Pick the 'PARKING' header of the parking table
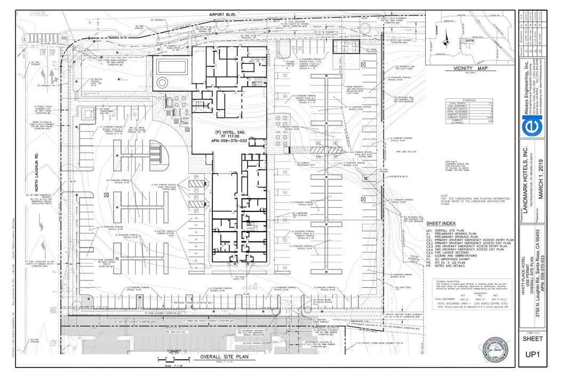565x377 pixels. click(469, 100)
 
